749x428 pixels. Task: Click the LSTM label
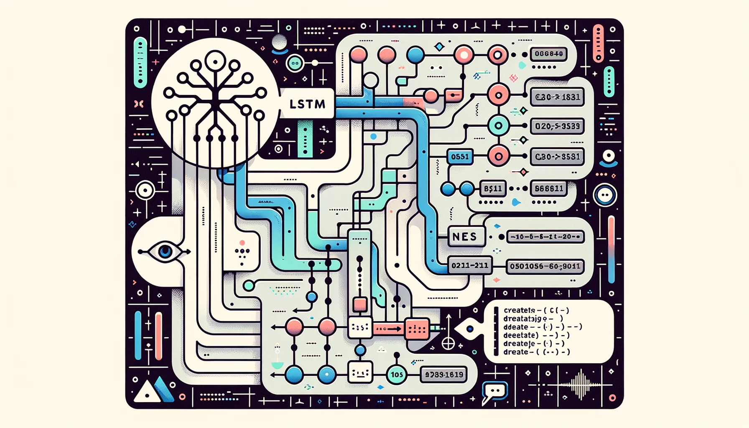point(307,104)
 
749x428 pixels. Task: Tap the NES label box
point(465,237)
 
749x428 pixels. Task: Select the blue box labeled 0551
point(460,157)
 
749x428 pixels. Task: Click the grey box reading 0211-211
point(470,265)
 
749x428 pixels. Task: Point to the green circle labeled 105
point(396,374)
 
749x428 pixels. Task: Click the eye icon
point(165,251)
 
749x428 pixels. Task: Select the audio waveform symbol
point(581,384)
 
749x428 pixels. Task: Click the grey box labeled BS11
point(493,189)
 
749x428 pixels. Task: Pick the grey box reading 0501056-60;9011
point(545,266)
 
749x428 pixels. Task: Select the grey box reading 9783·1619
point(444,374)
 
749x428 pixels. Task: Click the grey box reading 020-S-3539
point(557,126)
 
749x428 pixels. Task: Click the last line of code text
point(536,352)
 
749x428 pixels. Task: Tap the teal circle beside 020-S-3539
point(498,125)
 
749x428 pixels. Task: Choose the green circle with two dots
point(295,64)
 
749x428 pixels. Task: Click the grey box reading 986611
point(549,189)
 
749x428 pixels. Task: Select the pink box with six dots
point(417,329)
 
